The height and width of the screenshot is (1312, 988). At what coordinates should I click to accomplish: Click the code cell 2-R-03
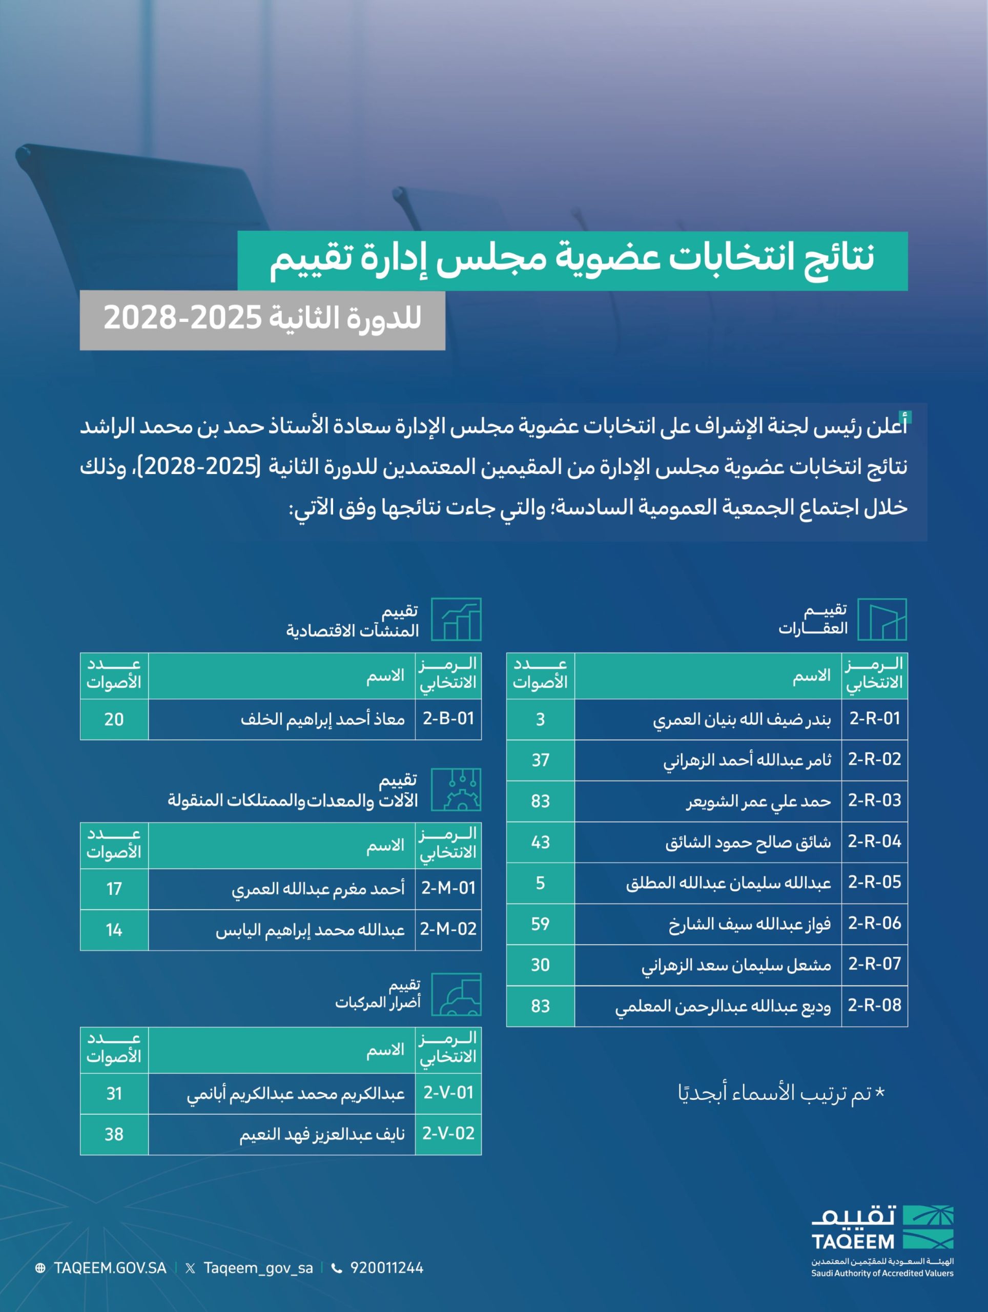[x=874, y=800]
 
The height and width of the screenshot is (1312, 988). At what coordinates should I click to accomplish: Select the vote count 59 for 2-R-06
[x=540, y=924]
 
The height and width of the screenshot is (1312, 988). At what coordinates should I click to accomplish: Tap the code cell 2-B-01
[x=448, y=719]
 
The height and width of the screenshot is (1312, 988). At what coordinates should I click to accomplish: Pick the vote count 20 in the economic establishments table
[x=114, y=719]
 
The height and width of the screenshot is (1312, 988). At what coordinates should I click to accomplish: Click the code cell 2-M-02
[x=448, y=929]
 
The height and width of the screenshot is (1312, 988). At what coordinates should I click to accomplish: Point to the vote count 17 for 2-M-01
[x=114, y=888]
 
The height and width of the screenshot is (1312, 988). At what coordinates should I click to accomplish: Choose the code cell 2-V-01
[x=448, y=1093]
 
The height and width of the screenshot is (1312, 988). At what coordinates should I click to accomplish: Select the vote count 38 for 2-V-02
[x=114, y=1134]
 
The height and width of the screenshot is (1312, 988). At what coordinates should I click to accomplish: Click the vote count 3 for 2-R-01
[x=540, y=719]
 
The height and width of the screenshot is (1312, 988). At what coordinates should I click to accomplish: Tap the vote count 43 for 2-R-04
[x=540, y=842]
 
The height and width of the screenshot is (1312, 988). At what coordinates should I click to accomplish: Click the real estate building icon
[x=882, y=619]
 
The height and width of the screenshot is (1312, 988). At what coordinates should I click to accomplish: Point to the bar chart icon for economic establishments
[x=456, y=619]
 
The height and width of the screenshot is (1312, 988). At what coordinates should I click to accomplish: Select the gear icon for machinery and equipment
[x=456, y=789]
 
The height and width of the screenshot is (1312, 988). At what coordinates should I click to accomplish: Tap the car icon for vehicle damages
[x=456, y=995]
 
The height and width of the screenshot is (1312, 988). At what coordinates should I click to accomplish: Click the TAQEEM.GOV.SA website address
[x=110, y=1268]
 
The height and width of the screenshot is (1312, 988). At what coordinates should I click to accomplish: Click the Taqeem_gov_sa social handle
[x=258, y=1268]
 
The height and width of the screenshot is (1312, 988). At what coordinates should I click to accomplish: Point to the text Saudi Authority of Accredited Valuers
[x=882, y=1274]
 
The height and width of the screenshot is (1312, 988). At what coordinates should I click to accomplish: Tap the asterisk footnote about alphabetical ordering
[x=781, y=1093]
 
